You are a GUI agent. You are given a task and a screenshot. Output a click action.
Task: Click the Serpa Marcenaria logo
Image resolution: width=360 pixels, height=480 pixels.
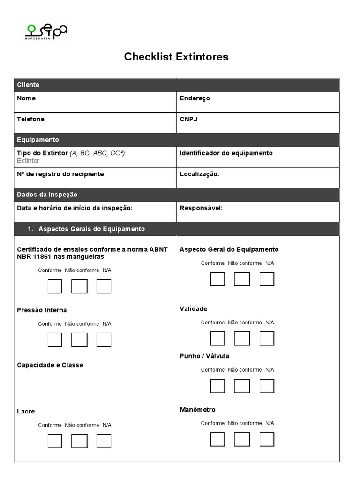pos(46,31)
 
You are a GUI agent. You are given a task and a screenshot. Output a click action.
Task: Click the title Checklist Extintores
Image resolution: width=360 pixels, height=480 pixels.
pos(176,57)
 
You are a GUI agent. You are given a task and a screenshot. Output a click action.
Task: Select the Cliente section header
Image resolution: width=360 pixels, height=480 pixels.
pos(28,85)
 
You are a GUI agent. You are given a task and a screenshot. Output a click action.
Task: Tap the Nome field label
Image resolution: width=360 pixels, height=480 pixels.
pos(26,98)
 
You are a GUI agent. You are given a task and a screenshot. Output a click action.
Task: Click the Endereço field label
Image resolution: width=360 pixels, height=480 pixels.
pos(195,98)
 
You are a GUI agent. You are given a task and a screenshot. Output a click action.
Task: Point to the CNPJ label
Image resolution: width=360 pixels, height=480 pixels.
pos(188,119)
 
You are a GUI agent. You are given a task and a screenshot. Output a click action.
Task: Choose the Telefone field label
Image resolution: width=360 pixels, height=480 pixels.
pos(30,119)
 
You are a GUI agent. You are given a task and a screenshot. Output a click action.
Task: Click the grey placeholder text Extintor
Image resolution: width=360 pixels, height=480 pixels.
pos(28,161)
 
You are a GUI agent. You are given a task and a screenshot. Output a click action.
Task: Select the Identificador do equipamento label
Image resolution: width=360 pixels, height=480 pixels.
pos(226,153)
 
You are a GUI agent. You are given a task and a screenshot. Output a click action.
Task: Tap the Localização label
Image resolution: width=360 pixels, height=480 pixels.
pos(199,174)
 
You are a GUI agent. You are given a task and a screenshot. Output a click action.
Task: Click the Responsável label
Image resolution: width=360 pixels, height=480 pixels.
pos(201,208)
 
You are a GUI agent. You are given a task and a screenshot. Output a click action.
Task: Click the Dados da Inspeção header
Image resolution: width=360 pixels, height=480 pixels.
pos(47,195)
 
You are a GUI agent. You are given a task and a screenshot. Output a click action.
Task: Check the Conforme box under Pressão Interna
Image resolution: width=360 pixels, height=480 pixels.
pos(55,340)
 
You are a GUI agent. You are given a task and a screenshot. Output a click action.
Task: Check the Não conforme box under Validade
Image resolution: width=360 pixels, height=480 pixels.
pos(242,338)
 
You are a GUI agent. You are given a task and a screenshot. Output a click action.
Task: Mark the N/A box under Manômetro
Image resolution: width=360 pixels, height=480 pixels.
pos(267,439)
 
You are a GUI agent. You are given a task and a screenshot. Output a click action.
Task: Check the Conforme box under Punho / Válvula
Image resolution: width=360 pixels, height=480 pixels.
pos(217,386)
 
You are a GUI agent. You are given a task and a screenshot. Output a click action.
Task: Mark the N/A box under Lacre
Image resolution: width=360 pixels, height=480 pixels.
pos(104,441)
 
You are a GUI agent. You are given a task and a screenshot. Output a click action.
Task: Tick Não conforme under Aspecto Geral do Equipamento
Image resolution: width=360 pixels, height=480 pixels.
pos(242,279)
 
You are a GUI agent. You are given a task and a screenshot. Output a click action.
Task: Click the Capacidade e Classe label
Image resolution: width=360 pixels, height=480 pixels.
pos(50,365)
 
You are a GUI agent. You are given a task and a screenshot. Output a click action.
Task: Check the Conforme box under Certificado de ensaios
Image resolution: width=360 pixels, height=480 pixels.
pos(55,286)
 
